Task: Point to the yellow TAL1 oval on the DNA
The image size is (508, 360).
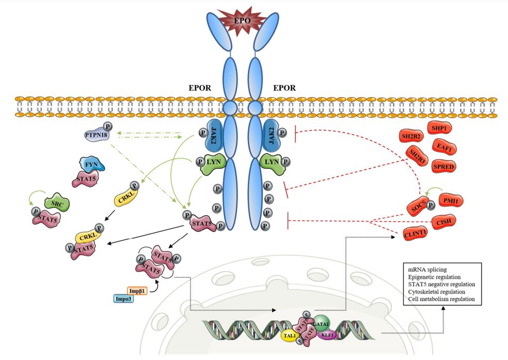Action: point(289,335)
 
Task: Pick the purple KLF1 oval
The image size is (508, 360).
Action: point(328,335)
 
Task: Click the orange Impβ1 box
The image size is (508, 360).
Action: point(137,291)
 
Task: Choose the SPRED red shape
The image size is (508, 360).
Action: point(445,165)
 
